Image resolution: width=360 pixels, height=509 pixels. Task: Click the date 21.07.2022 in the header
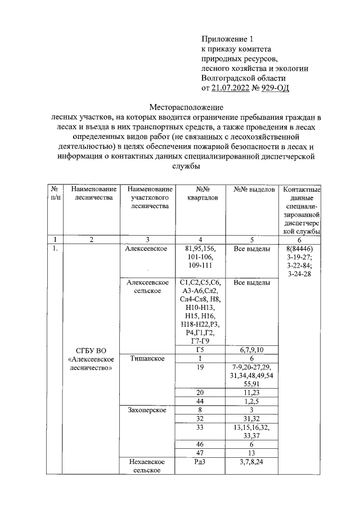pos(231,88)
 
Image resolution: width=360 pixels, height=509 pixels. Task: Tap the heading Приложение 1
pos(228,39)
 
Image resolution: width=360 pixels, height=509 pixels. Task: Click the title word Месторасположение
pos(186,107)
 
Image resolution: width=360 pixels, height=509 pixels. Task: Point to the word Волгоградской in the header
pos(227,78)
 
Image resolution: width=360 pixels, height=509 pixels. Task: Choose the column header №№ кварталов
pos(199,193)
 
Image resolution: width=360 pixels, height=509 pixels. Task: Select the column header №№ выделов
pos(253,190)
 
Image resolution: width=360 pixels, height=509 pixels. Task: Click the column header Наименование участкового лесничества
pos(149,198)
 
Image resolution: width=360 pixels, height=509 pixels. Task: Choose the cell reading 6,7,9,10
pos(253,350)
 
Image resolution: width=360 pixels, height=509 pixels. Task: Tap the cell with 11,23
pos(253,391)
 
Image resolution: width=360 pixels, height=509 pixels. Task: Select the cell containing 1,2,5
pos(253,400)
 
